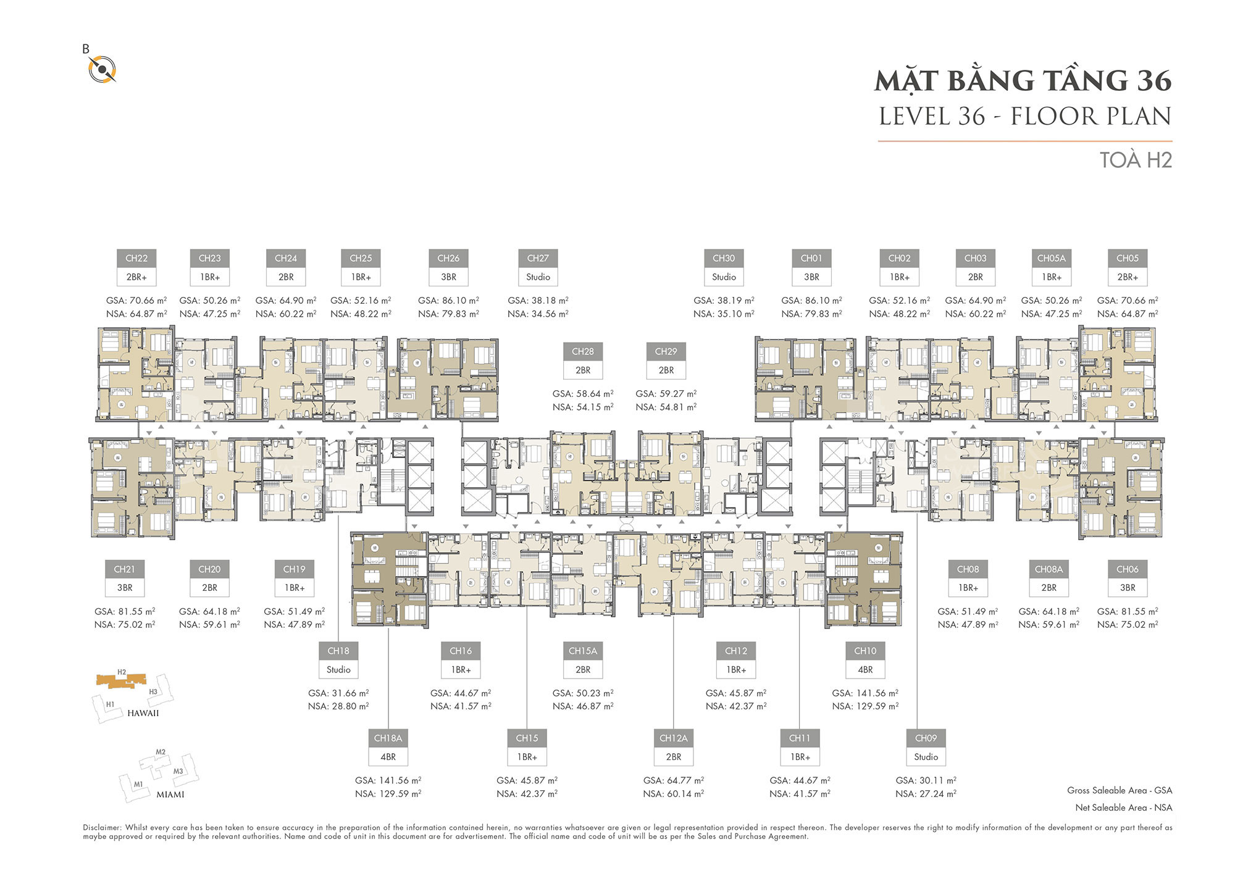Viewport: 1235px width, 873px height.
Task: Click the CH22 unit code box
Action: tap(136, 258)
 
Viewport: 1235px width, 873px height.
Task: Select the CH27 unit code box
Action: tap(538, 258)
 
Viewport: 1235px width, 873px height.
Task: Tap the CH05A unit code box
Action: tap(1052, 258)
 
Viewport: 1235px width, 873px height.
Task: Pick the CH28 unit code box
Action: tap(583, 351)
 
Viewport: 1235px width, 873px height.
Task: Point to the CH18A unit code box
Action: tap(388, 738)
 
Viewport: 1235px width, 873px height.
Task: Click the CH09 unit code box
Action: tap(926, 738)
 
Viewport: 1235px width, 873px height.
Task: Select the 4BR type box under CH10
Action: tap(865, 670)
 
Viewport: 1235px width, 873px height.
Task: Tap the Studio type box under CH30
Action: tap(724, 277)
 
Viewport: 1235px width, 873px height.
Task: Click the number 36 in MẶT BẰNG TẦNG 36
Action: tap(1154, 81)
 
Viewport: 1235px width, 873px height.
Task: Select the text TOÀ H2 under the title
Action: tap(1136, 160)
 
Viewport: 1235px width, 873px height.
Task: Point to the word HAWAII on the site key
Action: tap(143, 713)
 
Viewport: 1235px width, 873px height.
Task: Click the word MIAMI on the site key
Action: tap(170, 795)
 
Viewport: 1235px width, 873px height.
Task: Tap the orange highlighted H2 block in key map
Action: tap(122, 680)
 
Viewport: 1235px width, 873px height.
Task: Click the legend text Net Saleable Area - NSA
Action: tap(1124, 808)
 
